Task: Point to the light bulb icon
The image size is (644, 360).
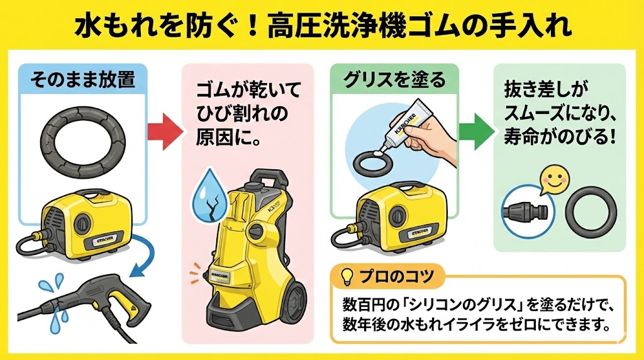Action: tap(345, 276)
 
